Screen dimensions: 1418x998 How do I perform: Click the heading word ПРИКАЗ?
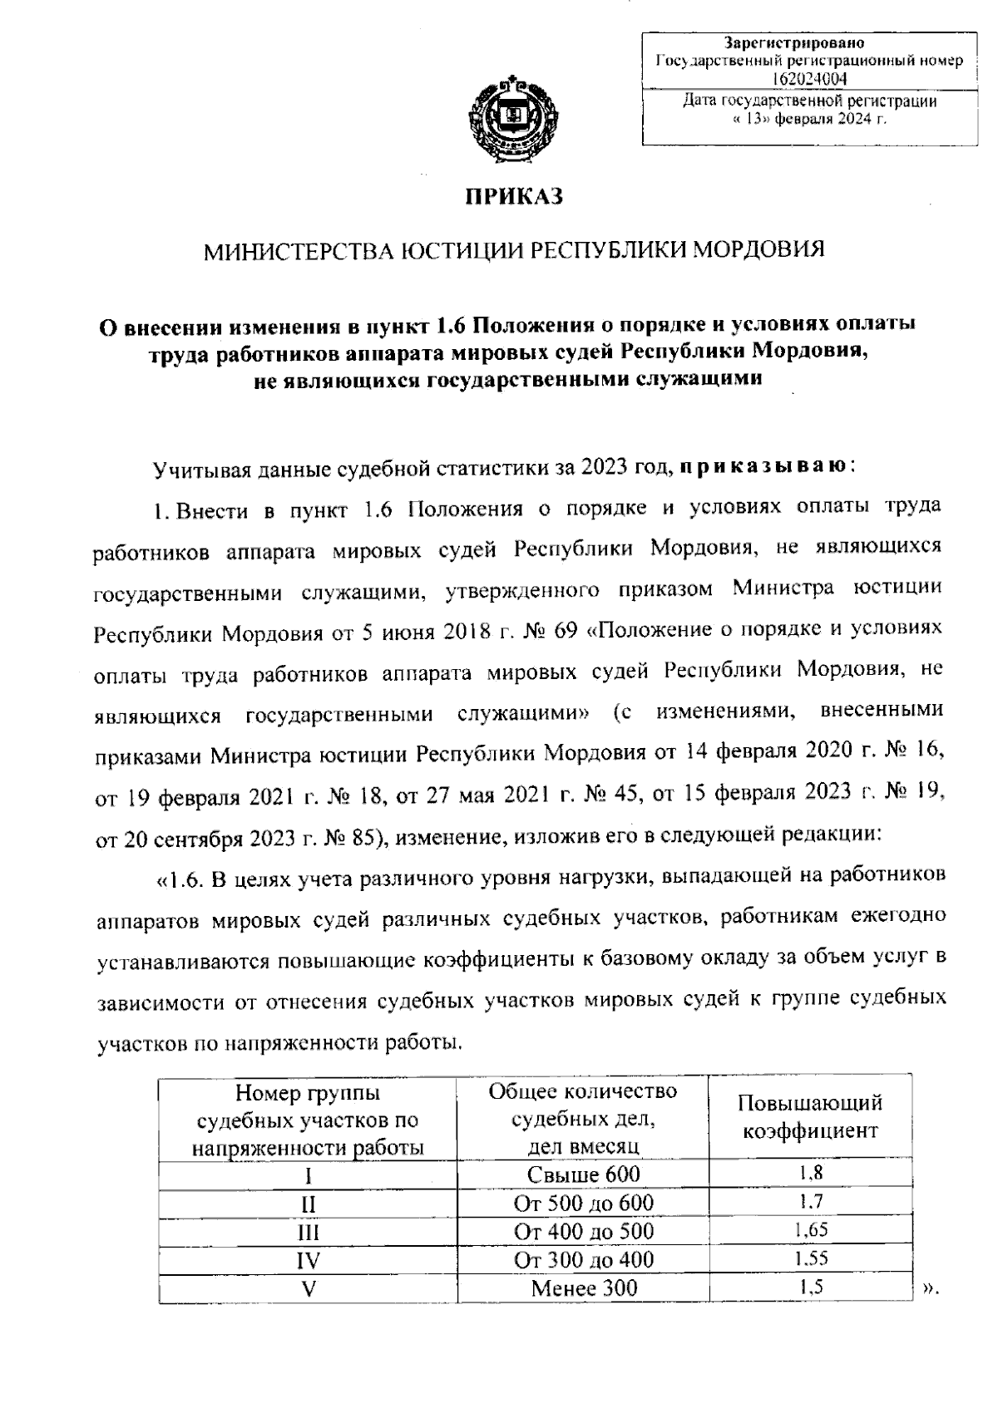[514, 196]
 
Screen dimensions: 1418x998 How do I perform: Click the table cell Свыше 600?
[584, 1174]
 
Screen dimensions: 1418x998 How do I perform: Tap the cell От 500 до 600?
[584, 1203]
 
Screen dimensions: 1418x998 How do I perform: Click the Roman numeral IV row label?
[309, 1260]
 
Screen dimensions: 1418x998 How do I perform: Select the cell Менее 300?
[584, 1288]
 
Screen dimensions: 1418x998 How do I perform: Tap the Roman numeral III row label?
[309, 1232]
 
